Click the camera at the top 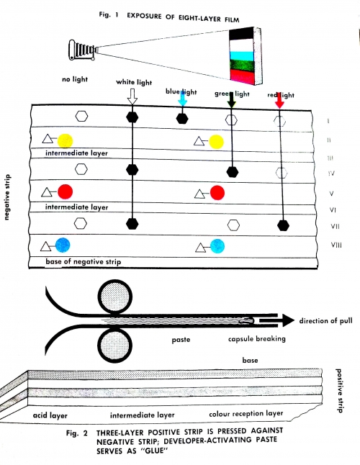tap(83, 50)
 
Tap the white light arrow tap(132, 96)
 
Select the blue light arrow tap(182, 99)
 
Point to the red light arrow tap(279, 101)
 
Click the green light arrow tap(231, 100)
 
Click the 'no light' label tap(75, 79)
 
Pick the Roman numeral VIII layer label tap(336, 245)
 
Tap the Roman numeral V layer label tap(332, 194)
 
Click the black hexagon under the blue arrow tap(182, 119)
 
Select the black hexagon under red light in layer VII tap(283, 225)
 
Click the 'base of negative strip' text tap(84, 262)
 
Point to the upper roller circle tap(115, 297)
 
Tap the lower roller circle tap(115, 346)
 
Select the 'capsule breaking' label tap(257, 338)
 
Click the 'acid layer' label tap(50, 415)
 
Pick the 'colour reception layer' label tap(246, 414)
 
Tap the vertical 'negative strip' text tap(7, 197)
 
